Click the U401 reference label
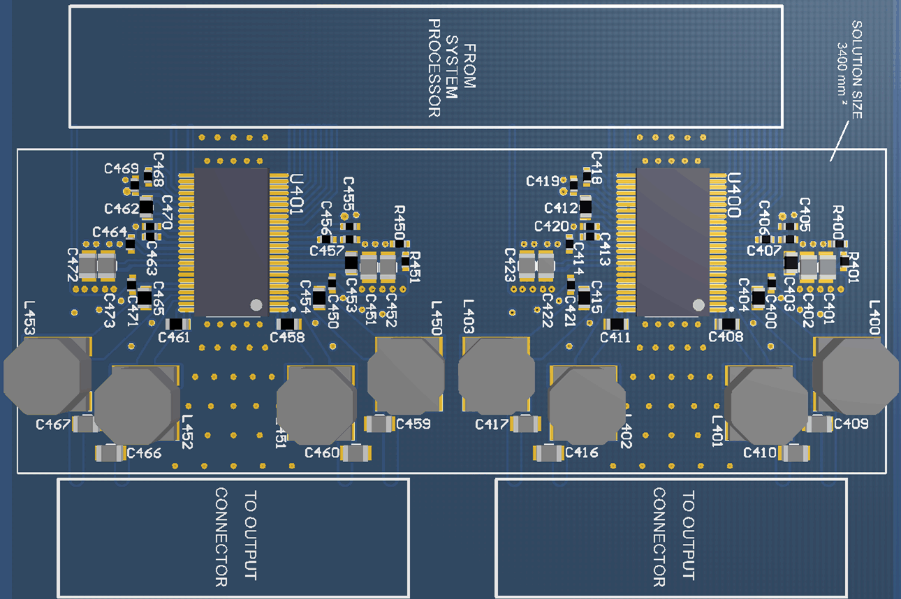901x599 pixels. pos(297,197)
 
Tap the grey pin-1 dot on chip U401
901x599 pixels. pos(256,305)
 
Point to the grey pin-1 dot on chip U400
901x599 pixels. pos(698,304)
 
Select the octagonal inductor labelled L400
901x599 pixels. pos(856,374)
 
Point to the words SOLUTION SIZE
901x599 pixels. pos(857,70)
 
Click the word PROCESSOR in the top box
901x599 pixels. pos(434,68)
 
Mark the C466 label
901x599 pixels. pos(144,453)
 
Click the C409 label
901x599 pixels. pos(851,424)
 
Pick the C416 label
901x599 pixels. pos(582,453)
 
